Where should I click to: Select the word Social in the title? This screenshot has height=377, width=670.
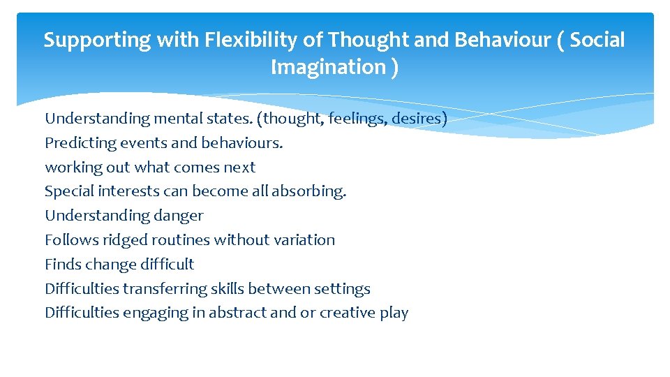pos(597,40)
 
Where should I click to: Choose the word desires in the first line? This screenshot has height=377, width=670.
pos(417,119)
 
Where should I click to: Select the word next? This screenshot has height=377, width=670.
pos(239,168)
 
